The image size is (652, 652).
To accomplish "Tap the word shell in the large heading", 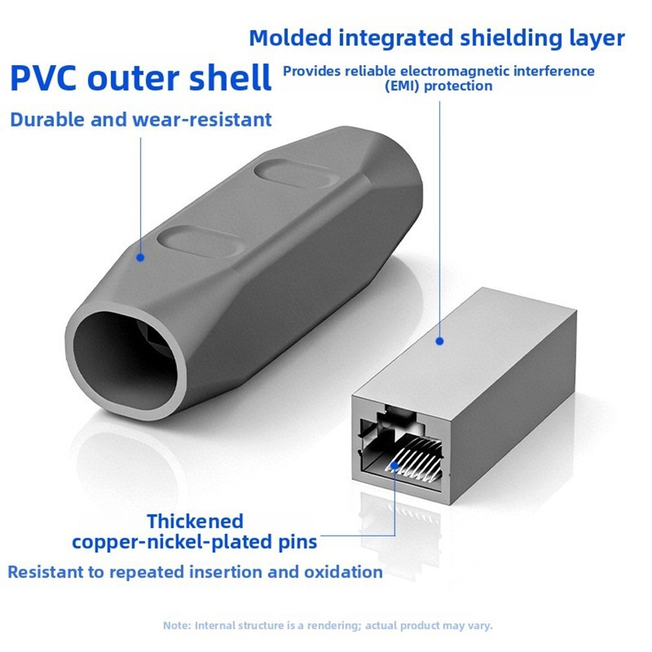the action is pos(230,77).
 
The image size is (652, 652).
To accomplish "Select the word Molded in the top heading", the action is pos(291,38).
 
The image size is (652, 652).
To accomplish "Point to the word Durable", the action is pos(48,120).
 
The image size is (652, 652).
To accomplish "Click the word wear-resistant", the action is pos(202,120).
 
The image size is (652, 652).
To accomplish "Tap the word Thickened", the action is pos(195,521).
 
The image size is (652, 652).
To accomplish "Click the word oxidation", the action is pos(343,572).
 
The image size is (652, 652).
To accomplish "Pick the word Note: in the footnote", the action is pos(177,625).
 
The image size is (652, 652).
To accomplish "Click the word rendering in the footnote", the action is pos(332,625).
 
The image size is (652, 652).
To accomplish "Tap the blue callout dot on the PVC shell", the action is pos(140,257).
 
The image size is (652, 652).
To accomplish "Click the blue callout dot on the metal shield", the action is pos(440,341).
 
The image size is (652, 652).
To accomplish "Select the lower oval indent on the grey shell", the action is pos(199,242).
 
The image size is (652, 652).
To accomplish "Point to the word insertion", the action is pos(226,572).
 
